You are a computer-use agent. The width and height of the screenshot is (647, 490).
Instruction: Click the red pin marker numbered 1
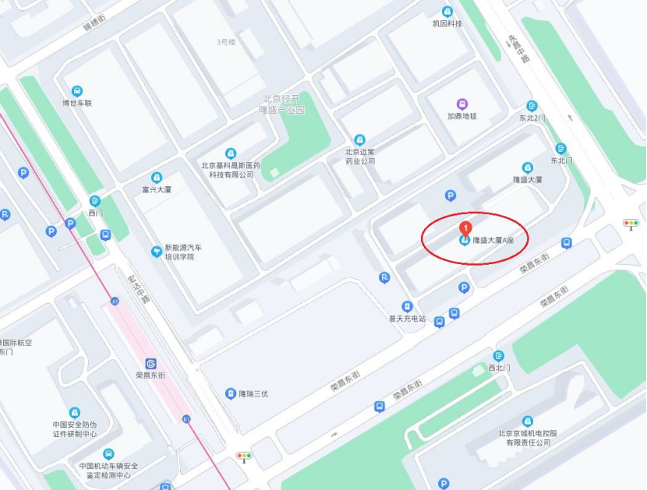point(466,228)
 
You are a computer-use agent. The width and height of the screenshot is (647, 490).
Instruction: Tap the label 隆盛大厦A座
point(493,241)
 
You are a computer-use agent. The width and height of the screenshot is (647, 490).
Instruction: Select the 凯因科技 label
point(447,23)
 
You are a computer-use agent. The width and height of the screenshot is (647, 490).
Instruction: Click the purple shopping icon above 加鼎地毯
point(462,104)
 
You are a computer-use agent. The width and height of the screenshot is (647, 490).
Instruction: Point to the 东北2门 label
point(532,118)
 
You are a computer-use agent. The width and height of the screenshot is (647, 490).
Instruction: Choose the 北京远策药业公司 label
point(360,156)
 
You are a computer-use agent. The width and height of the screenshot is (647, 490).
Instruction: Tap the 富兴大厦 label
point(157,188)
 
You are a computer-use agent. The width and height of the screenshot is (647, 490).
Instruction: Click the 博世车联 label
point(77,103)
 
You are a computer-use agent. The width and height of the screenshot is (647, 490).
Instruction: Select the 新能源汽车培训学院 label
point(179,252)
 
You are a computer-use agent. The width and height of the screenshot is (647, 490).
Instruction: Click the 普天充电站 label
point(407,318)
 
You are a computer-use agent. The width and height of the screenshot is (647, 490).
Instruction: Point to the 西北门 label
point(499,367)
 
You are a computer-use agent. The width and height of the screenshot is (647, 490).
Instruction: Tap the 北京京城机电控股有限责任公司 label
point(528,437)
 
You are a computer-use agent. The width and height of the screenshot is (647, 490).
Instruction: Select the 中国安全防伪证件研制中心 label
point(74,429)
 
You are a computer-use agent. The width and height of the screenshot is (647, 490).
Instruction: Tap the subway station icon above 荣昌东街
point(151,363)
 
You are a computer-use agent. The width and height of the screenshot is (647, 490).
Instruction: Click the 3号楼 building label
point(226,41)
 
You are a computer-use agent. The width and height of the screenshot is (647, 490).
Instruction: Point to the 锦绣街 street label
point(94,23)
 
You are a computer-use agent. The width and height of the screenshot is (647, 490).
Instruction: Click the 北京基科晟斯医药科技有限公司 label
point(231,169)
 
